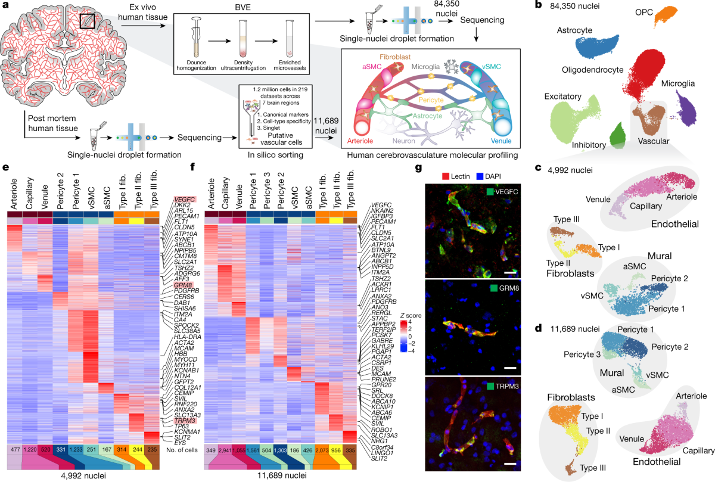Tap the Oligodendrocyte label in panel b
point(596,71)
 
